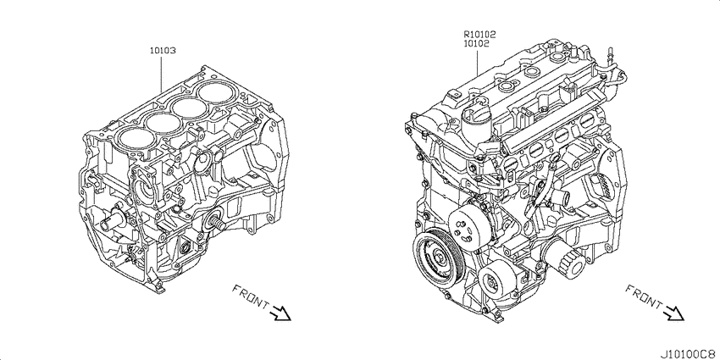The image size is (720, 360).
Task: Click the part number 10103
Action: (x=162, y=51)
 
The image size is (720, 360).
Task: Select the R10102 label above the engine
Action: (x=479, y=34)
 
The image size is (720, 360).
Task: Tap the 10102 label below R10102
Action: (x=476, y=43)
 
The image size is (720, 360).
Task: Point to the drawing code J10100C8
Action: (x=689, y=354)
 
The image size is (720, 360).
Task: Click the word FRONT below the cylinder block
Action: (x=251, y=296)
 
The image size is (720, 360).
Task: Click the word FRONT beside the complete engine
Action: (x=644, y=296)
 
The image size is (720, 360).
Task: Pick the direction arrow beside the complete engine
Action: (x=673, y=313)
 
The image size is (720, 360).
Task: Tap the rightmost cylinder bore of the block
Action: (x=214, y=92)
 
